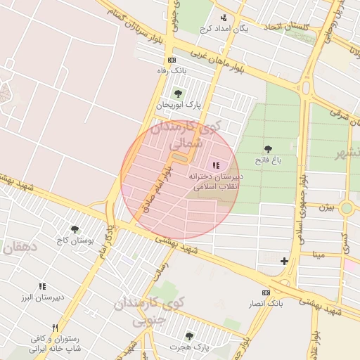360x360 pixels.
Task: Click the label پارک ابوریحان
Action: click(x=179, y=105)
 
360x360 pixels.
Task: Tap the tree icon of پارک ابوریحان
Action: click(x=177, y=93)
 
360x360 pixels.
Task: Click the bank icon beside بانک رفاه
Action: click(x=172, y=60)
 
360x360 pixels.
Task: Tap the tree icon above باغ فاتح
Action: click(x=268, y=148)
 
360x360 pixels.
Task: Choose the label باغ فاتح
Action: click(x=268, y=160)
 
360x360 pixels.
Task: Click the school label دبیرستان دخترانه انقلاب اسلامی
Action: click(x=217, y=181)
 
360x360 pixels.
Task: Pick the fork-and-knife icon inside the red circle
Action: click(x=215, y=165)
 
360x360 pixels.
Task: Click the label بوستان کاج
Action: click(x=74, y=240)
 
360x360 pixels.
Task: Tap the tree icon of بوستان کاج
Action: click(x=75, y=229)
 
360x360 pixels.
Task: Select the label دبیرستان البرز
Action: click(x=42, y=297)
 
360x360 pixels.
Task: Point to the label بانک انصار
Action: click(x=265, y=304)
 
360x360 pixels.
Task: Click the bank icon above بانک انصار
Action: click(x=265, y=292)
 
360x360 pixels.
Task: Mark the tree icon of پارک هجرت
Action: click(x=188, y=336)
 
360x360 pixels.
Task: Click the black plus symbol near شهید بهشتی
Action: click(x=284, y=262)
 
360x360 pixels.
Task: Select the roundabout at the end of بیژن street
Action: click(x=346, y=208)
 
